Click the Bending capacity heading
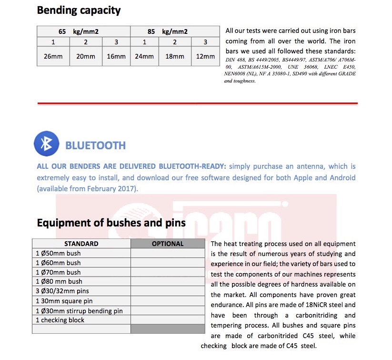pos(79,10)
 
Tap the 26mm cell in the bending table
pos(53,56)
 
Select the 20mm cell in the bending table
pos(86,56)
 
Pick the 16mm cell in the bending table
pos(116,56)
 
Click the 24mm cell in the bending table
pos(144,56)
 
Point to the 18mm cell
pos(175,56)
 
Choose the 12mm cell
pos(205,56)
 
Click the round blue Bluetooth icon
pos(46,144)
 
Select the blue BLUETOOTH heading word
pos(95,145)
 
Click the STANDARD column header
pos(81,244)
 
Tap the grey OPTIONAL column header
pos(168,244)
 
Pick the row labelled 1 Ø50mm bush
pos(58,253)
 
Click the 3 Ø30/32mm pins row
pos(62,291)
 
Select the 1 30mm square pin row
pos(64,301)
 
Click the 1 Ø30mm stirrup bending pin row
pos(79,310)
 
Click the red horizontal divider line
pos(197,103)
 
